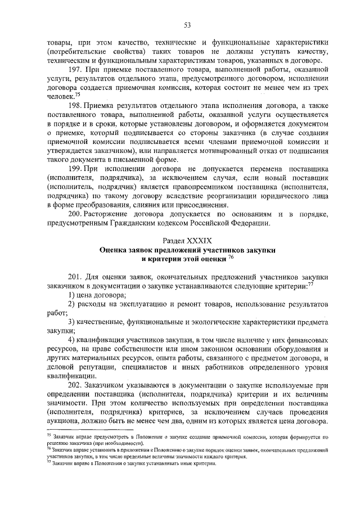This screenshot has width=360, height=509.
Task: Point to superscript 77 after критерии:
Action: (310, 284)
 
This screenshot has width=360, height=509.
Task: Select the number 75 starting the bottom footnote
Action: (48, 436)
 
